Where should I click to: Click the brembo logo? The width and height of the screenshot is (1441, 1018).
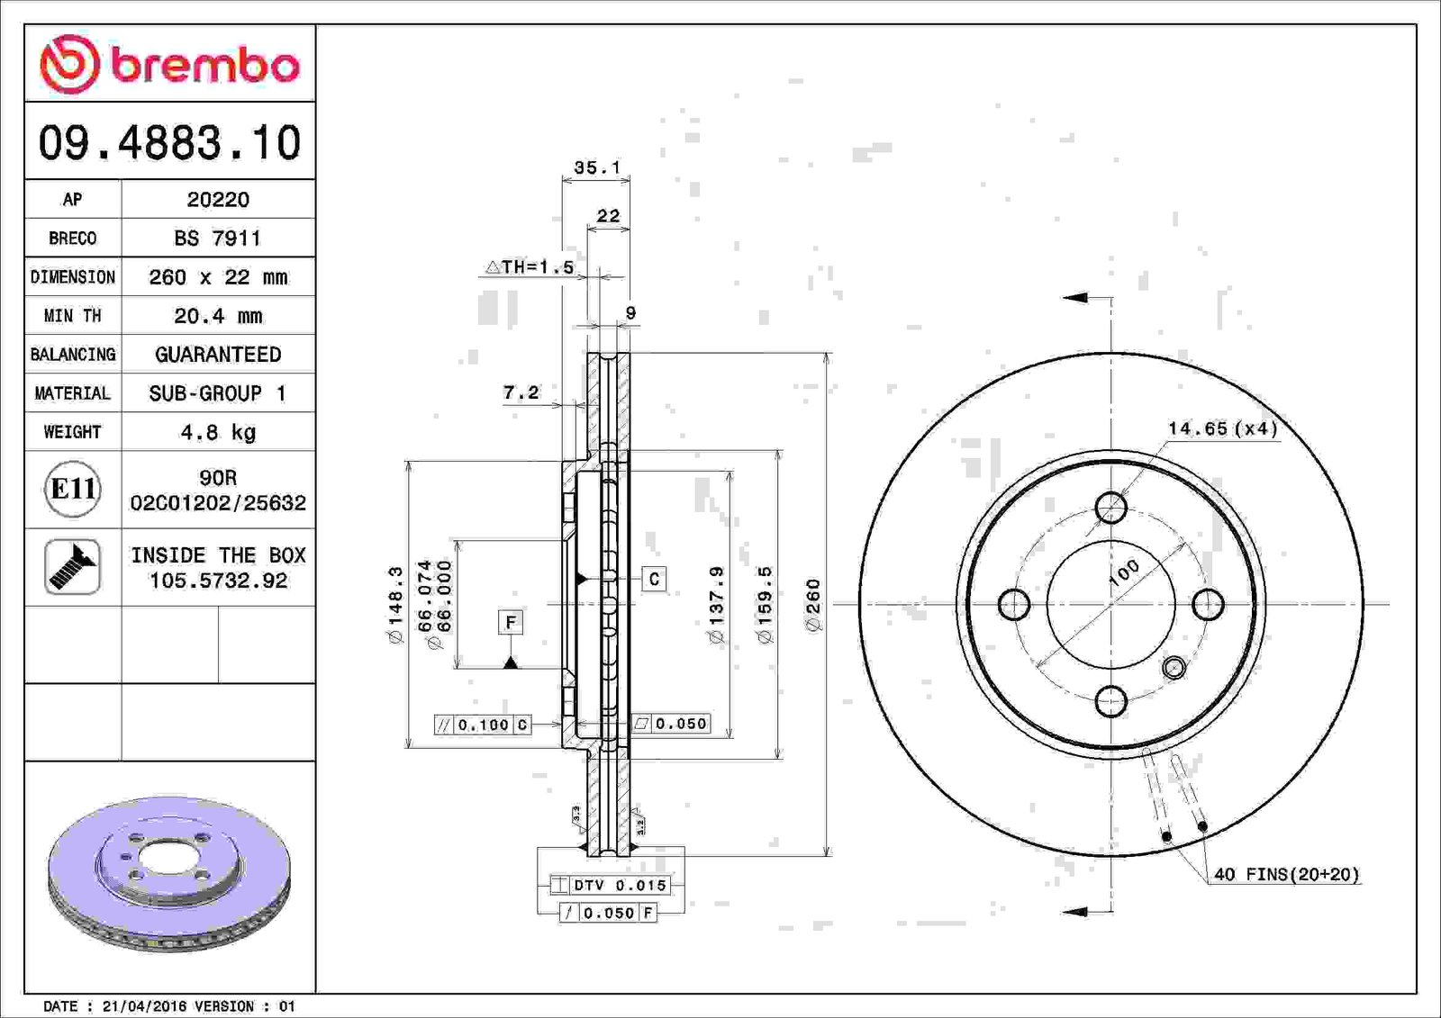[x=169, y=64]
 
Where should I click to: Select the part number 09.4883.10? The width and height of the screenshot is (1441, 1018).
[x=170, y=142]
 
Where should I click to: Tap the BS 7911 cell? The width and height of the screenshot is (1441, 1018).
[x=217, y=238]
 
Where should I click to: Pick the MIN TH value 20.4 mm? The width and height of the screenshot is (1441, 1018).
[x=218, y=316]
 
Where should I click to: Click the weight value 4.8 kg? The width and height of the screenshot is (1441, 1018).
[x=218, y=431]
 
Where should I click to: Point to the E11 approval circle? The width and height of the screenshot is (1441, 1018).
[x=73, y=489]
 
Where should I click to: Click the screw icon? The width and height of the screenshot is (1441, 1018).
[x=72, y=566]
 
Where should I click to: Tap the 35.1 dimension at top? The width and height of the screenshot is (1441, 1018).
[x=597, y=167]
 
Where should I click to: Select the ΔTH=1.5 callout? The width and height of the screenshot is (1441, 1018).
[x=530, y=266]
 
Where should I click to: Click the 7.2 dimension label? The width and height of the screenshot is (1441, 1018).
[x=521, y=392]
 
